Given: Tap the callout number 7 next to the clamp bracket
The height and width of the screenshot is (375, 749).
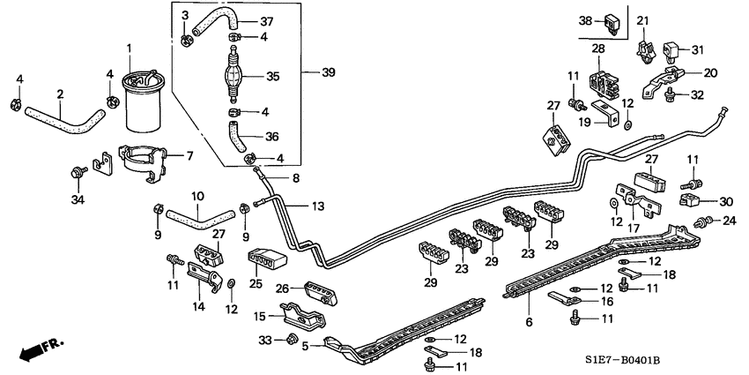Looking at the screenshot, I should (188, 156).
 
